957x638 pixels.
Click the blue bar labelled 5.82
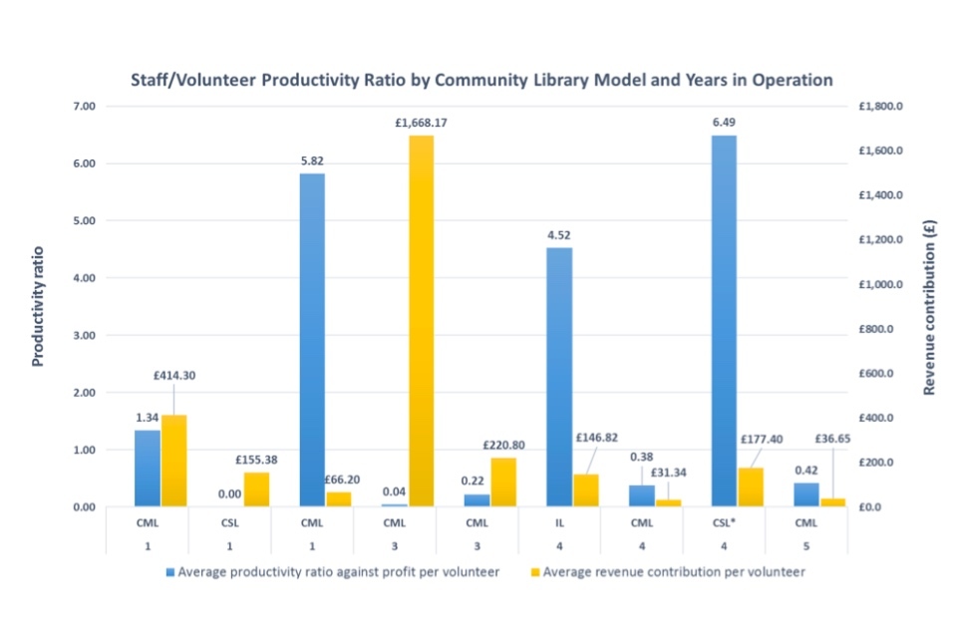point(312,339)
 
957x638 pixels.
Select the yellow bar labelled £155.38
point(256,489)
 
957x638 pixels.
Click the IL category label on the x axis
point(559,521)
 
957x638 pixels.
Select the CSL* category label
point(724,521)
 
